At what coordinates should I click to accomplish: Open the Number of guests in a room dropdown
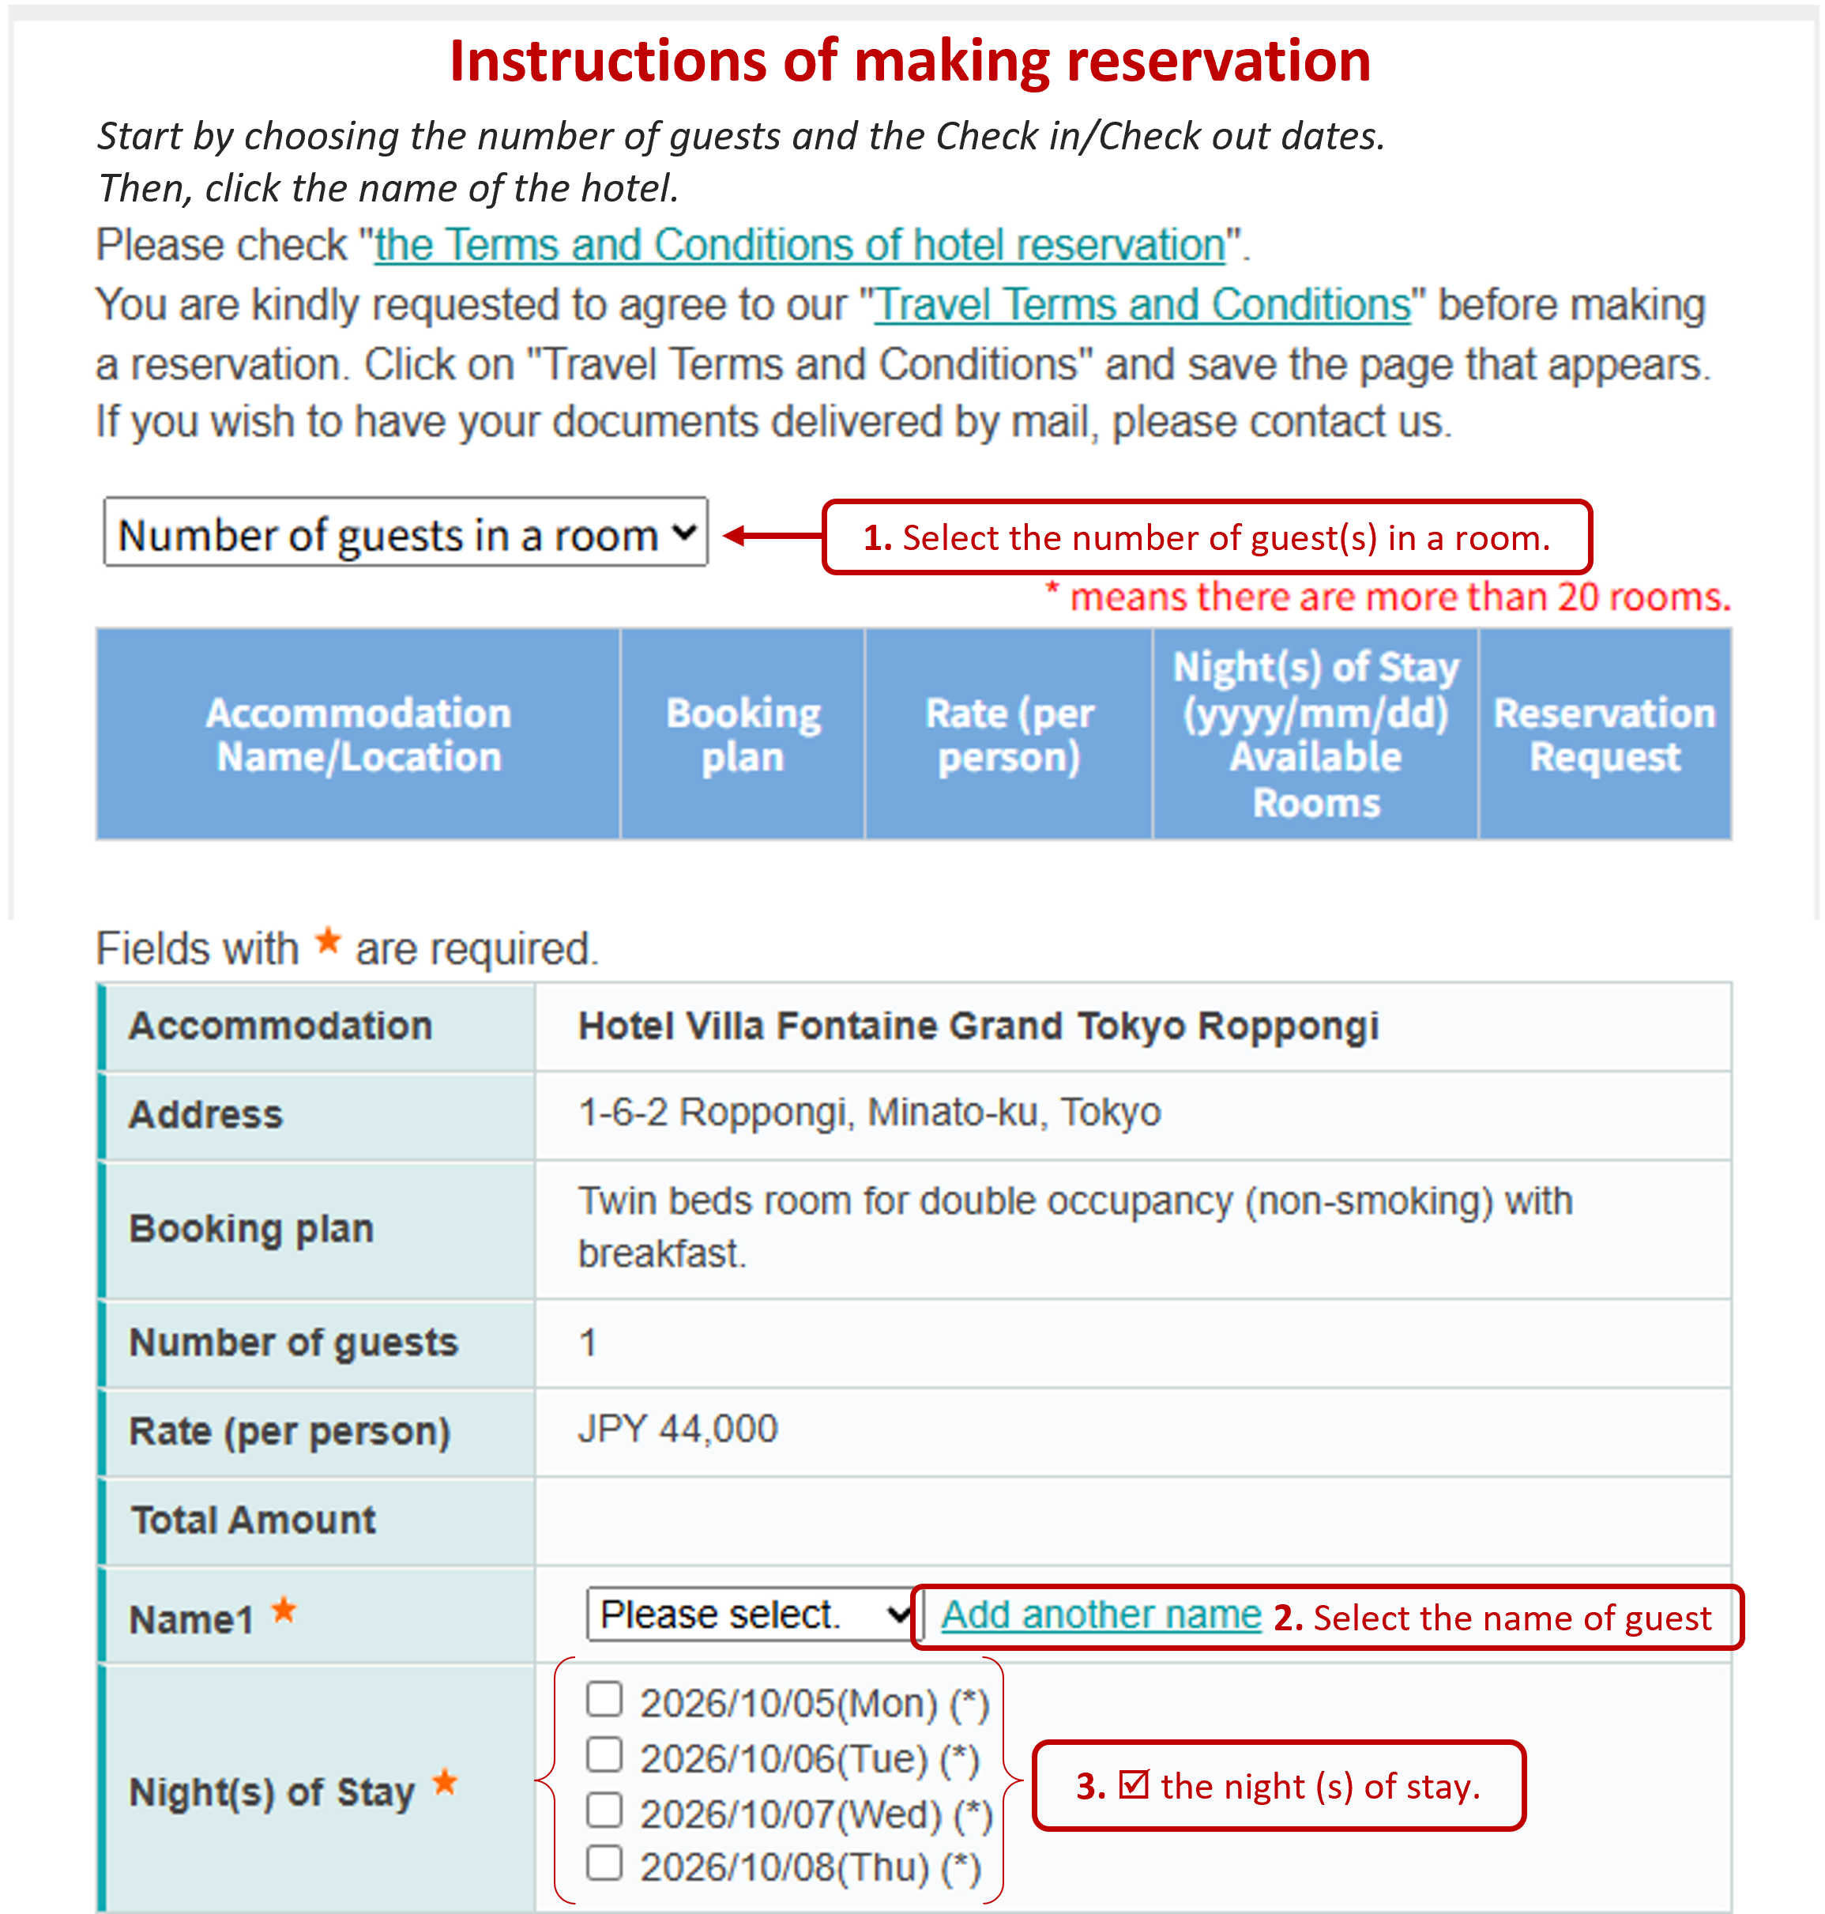tap(405, 533)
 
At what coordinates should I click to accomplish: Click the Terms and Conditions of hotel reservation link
tap(799, 245)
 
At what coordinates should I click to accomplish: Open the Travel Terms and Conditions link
tap(1142, 306)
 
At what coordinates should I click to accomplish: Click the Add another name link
tap(1101, 1615)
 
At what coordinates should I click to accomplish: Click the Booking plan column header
tap(743, 735)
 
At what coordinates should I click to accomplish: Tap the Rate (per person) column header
tap(1009, 735)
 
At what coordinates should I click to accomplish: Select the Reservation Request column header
tap(1604, 735)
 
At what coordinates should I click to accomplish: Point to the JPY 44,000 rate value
tap(678, 1430)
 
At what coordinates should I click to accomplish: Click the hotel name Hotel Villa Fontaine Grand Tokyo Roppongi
tap(978, 1027)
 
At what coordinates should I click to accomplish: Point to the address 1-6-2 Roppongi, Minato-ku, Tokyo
tap(869, 1112)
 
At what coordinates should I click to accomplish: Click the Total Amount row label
tap(253, 1520)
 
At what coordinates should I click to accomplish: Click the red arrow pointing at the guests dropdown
tap(773, 535)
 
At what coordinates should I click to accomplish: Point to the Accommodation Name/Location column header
tap(358, 735)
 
